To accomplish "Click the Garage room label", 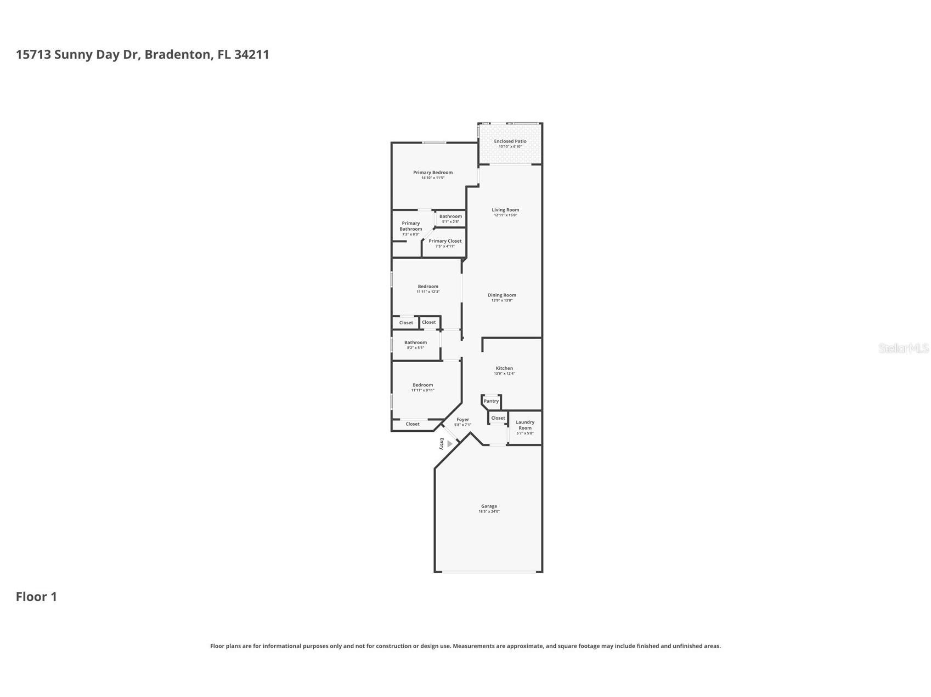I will point(489,506).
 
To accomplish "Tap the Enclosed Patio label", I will point(510,141).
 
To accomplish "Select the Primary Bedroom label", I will point(433,173).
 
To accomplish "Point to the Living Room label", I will point(505,210).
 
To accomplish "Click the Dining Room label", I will point(502,295).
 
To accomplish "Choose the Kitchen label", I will point(504,368).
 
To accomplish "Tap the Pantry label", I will point(491,401).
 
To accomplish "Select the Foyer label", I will point(462,420).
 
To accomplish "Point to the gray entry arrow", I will point(450,444).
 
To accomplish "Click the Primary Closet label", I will point(445,241).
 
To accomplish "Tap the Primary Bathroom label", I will point(410,226).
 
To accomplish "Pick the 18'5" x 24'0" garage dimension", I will point(489,512).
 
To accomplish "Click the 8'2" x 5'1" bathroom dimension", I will point(415,348).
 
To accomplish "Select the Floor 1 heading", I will point(36,597).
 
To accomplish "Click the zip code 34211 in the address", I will point(251,55).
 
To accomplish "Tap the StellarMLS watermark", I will point(903,348).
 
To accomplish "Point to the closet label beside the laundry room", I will point(498,418).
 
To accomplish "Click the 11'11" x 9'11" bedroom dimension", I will point(422,390).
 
